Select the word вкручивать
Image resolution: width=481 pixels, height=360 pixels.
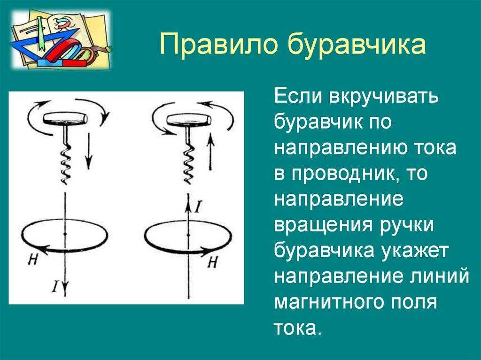click(383, 97)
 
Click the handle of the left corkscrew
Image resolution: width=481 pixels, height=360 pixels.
click(65, 118)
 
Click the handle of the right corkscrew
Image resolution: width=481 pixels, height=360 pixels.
click(189, 119)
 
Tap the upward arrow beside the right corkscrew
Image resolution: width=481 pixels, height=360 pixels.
click(210, 153)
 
